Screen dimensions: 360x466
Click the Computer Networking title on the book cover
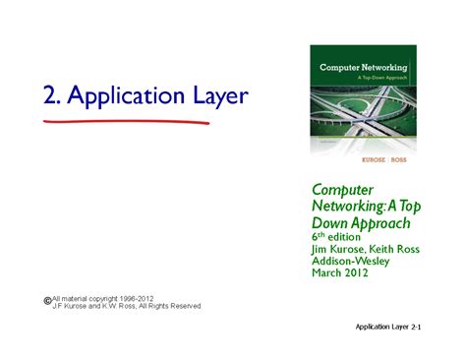[360, 68]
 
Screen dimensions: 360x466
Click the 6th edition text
[339, 237]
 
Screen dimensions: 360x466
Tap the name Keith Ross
[399, 250]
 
